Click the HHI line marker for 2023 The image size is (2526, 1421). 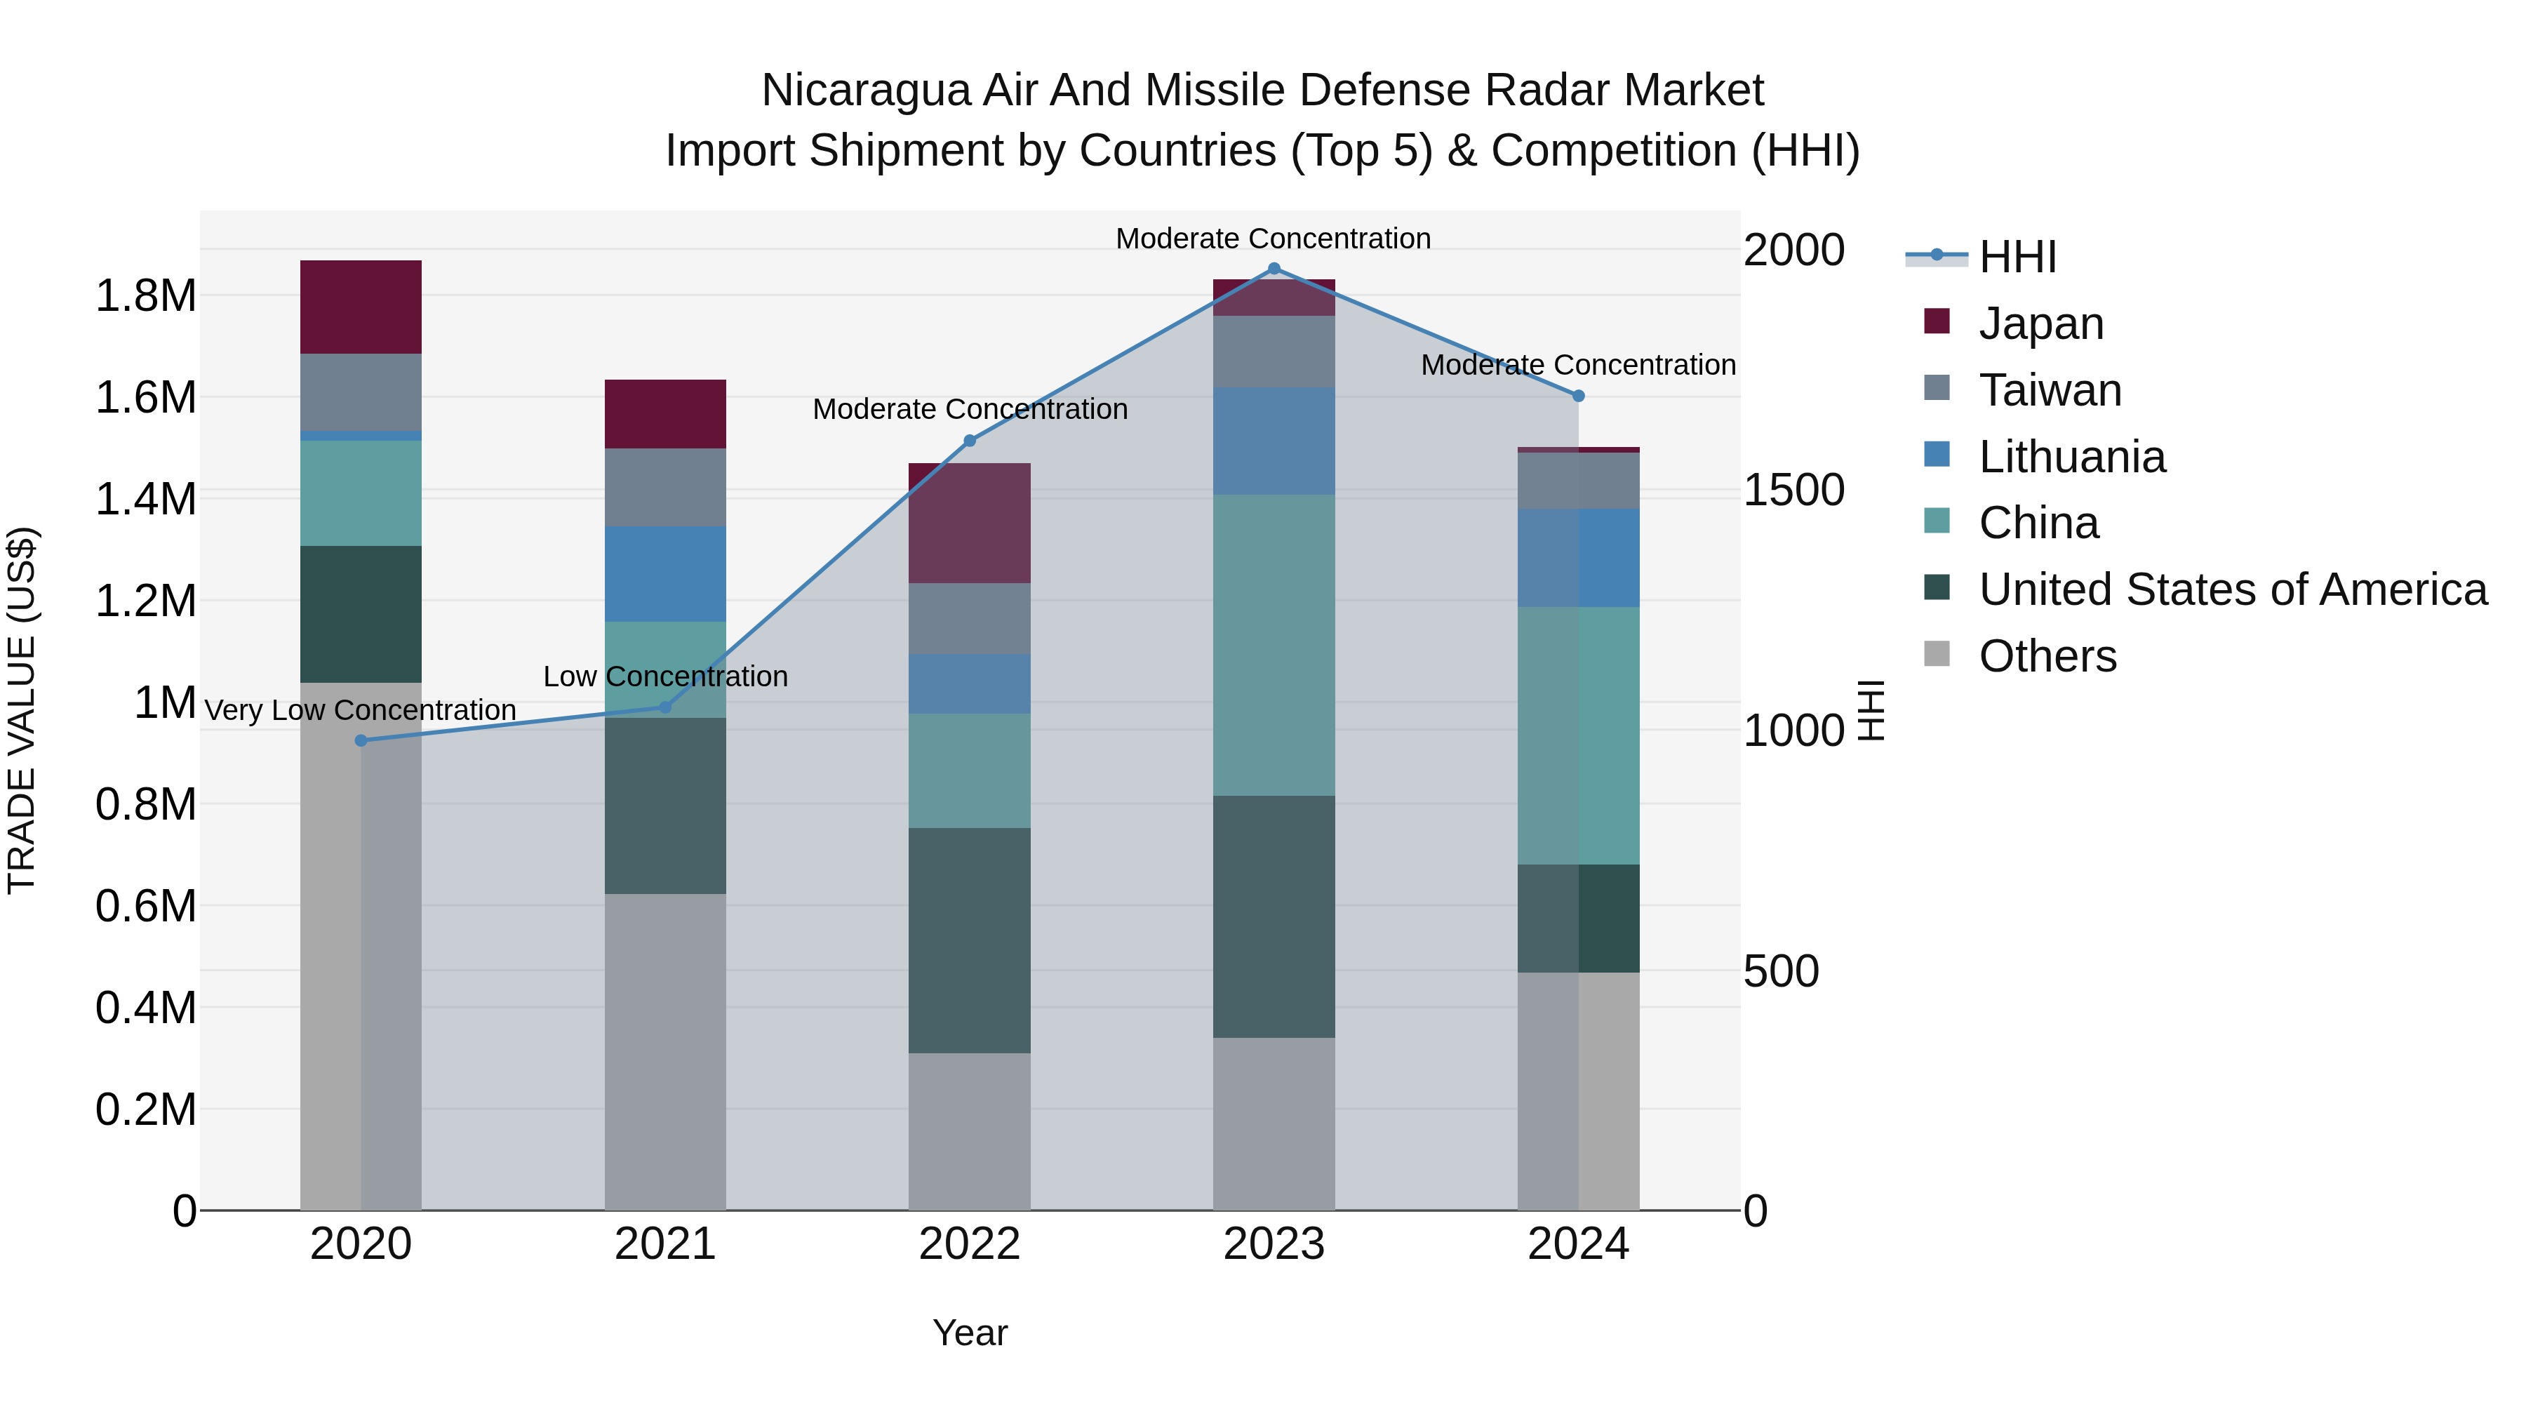point(1274,269)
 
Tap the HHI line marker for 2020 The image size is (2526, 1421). point(361,740)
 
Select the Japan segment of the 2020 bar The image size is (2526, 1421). point(361,307)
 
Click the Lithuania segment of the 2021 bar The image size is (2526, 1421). point(665,574)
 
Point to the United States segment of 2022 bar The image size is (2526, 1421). point(969,940)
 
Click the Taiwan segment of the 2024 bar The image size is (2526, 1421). point(1578,481)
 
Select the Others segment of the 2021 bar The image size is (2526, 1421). point(665,1051)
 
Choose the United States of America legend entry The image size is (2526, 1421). point(2232,589)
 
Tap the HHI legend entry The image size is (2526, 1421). point(2017,257)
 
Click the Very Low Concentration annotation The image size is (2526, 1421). point(360,710)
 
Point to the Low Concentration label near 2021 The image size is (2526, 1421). point(665,676)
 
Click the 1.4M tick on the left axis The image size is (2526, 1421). point(145,499)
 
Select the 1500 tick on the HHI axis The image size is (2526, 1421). point(1793,491)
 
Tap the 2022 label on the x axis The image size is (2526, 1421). point(969,1244)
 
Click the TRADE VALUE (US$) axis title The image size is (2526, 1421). point(22,710)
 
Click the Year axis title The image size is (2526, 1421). point(969,1333)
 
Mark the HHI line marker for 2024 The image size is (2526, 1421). point(1578,396)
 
